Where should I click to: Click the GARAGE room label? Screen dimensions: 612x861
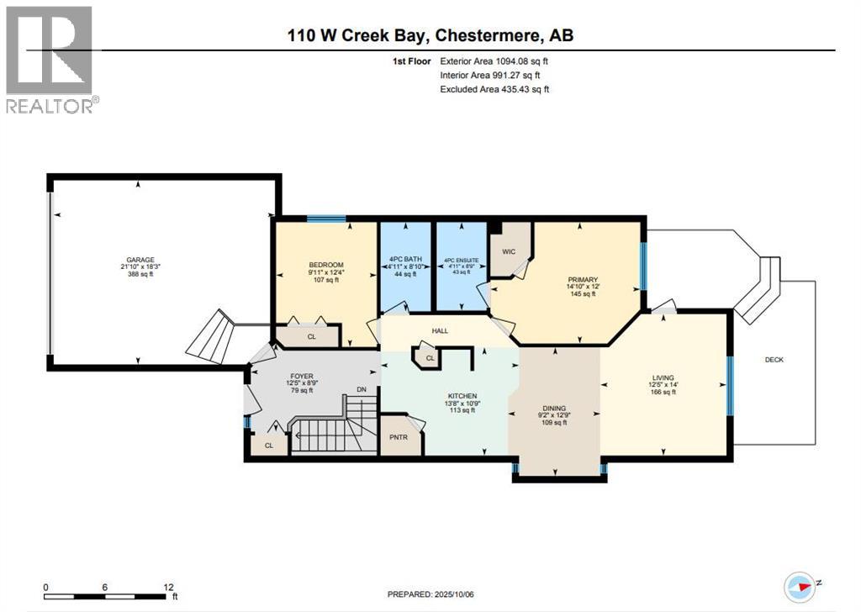[140, 260]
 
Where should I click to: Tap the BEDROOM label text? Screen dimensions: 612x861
[325, 265]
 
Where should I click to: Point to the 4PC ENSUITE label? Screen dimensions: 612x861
[461, 261]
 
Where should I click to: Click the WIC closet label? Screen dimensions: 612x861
[509, 251]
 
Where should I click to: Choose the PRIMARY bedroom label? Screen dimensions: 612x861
[581, 280]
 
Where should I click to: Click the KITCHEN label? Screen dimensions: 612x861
[462, 396]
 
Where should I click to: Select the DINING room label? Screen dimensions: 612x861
[553, 407]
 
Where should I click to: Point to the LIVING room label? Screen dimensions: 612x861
[663, 377]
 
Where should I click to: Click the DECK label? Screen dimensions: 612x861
[774, 360]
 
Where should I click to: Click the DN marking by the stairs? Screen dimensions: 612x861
[362, 389]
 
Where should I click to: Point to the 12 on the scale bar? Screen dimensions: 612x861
[168, 587]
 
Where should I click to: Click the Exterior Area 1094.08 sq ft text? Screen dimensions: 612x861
[494, 61]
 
